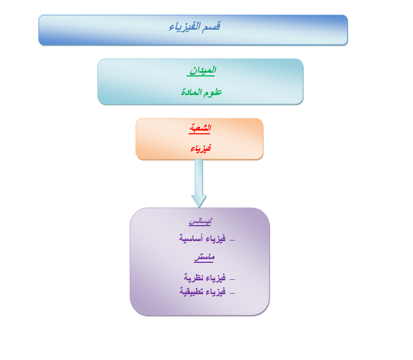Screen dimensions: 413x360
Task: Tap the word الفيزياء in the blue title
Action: coord(184,27)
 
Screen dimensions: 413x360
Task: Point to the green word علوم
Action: coord(213,92)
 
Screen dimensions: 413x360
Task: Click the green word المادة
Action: coord(191,92)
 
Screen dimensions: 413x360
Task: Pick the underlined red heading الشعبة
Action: coord(200,128)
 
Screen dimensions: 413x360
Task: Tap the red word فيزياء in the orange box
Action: coord(201,149)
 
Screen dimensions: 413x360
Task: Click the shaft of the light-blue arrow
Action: coord(199,177)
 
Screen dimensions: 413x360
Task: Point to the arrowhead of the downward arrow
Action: coord(199,201)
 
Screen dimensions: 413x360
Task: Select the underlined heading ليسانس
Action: coord(200,221)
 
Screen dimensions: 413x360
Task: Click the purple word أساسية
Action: coord(191,238)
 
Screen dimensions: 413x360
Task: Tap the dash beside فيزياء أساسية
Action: coord(232,240)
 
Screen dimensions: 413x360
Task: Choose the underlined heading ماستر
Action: coord(204,257)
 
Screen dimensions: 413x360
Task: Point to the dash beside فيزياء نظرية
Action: coord(232,279)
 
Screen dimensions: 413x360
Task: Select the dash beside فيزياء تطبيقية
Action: coord(232,293)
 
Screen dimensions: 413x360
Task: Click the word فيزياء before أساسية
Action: coord(216,238)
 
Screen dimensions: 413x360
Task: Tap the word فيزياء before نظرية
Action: coord(216,277)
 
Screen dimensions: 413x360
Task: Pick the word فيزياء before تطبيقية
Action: coord(216,292)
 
